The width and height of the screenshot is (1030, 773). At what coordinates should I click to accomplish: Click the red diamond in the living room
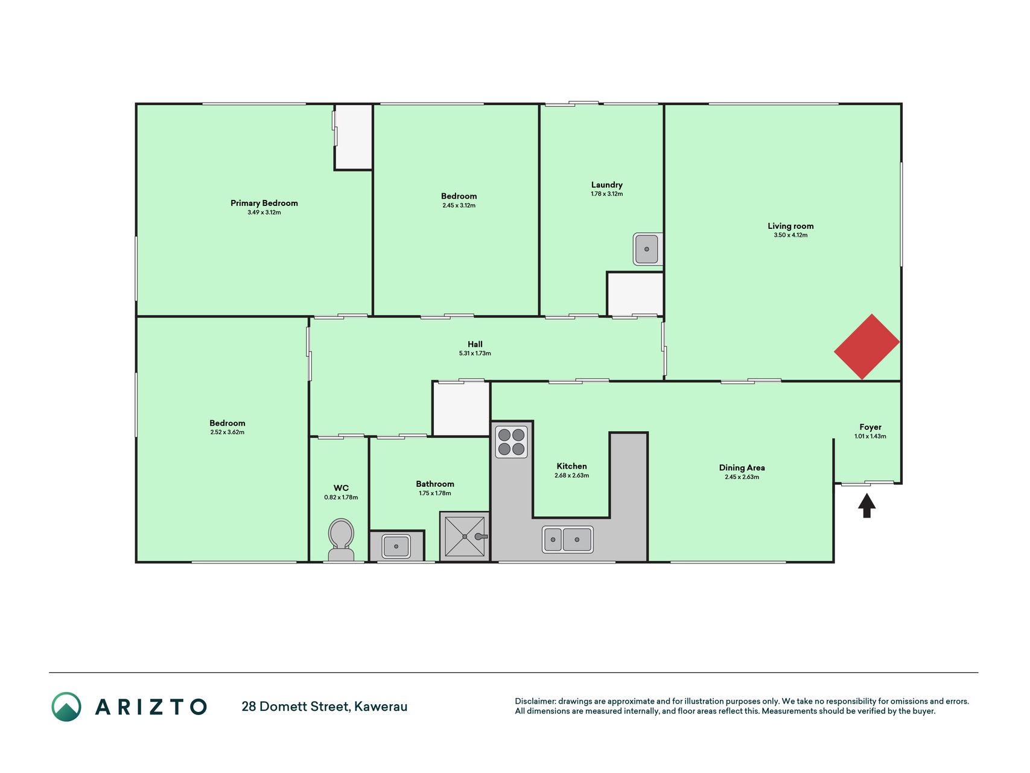coord(866,347)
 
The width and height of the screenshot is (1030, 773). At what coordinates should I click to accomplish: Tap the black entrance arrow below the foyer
coord(867,505)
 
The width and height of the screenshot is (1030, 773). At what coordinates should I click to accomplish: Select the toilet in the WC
coord(341,540)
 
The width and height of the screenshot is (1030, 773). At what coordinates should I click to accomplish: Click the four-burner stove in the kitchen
coord(512,441)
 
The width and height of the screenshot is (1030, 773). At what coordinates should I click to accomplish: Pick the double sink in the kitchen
coord(567,539)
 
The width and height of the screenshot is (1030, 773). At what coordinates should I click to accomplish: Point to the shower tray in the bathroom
coord(464,536)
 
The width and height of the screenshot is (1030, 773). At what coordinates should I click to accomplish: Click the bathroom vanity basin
coord(396,546)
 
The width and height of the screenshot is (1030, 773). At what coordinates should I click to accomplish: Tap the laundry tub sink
coord(647,249)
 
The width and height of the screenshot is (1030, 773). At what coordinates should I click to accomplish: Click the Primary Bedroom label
coord(264,203)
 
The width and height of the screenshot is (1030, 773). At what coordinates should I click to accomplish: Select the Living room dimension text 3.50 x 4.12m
coord(790,235)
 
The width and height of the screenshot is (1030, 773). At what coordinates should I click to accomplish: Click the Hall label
coord(475,344)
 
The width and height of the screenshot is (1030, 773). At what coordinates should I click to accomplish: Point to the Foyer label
coord(870,427)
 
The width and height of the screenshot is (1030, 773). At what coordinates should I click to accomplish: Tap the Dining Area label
coord(742,467)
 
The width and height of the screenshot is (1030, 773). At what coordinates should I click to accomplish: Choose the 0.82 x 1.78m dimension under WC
coord(341,497)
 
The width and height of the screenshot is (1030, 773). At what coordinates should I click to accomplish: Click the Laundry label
coord(606,185)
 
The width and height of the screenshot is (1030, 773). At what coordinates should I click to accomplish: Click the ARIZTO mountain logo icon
coord(66,707)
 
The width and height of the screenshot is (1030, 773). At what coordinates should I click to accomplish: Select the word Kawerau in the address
coord(381,707)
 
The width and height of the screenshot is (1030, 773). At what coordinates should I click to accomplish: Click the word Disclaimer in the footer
coord(535,701)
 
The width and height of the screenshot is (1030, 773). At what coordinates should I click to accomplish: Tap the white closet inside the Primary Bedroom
coord(354,137)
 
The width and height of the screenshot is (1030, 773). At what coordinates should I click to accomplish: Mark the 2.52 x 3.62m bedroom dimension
coord(227,432)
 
